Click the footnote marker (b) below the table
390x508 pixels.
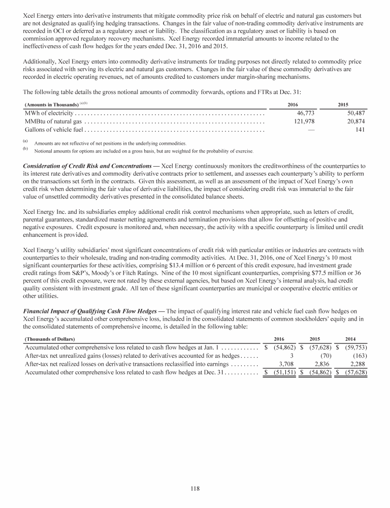pyautogui.click(x=25, y=149)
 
